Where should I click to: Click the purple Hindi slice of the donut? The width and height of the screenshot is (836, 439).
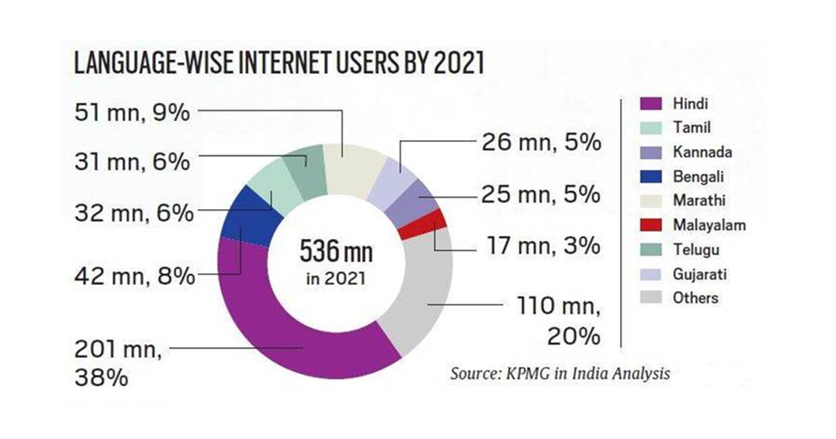click(x=279, y=334)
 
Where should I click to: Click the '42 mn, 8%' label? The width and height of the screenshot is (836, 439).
click(x=132, y=277)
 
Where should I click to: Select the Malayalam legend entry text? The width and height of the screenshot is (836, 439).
click(x=699, y=225)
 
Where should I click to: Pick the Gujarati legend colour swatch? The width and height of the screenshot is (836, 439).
click(x=651, y=274)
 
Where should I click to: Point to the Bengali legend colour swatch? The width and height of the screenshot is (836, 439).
click(x=651, y=177)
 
